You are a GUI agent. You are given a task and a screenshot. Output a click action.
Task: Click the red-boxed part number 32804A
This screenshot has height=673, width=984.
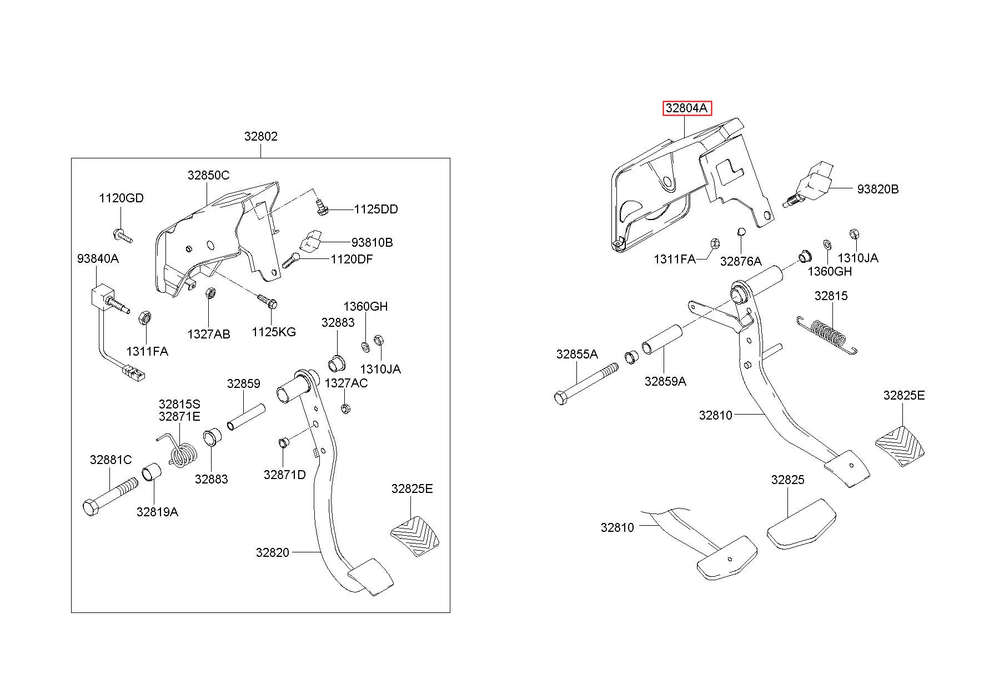[x=686, y=108]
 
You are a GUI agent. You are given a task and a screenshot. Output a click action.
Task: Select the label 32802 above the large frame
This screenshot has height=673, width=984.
[x=260, y=136]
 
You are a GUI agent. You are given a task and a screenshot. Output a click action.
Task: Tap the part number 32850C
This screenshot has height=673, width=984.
[x=208, y=175]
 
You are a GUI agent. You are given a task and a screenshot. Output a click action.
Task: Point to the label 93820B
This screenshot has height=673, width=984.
[x=877, y=189]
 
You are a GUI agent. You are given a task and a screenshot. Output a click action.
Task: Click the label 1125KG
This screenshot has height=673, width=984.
[x=274, y=332]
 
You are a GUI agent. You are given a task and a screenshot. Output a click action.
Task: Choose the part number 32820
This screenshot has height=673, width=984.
[x=273, y=552]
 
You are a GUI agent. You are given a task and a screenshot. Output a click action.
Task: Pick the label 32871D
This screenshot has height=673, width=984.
[x=285, y=475]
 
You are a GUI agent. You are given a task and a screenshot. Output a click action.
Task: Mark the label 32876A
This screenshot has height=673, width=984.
[x=741, y=261]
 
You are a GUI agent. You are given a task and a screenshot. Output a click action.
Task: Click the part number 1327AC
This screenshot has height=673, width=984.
[x=346, y=383]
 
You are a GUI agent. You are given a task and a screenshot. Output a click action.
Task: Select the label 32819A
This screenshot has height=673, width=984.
[x=157, y=512]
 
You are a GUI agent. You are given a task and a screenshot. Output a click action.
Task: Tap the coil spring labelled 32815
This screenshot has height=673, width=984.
[x=827, y=335]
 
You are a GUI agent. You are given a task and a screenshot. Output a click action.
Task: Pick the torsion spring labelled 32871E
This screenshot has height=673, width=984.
[x=179, y=450]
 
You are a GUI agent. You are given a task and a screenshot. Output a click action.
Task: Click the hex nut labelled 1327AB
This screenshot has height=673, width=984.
[x=210, y=293]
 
